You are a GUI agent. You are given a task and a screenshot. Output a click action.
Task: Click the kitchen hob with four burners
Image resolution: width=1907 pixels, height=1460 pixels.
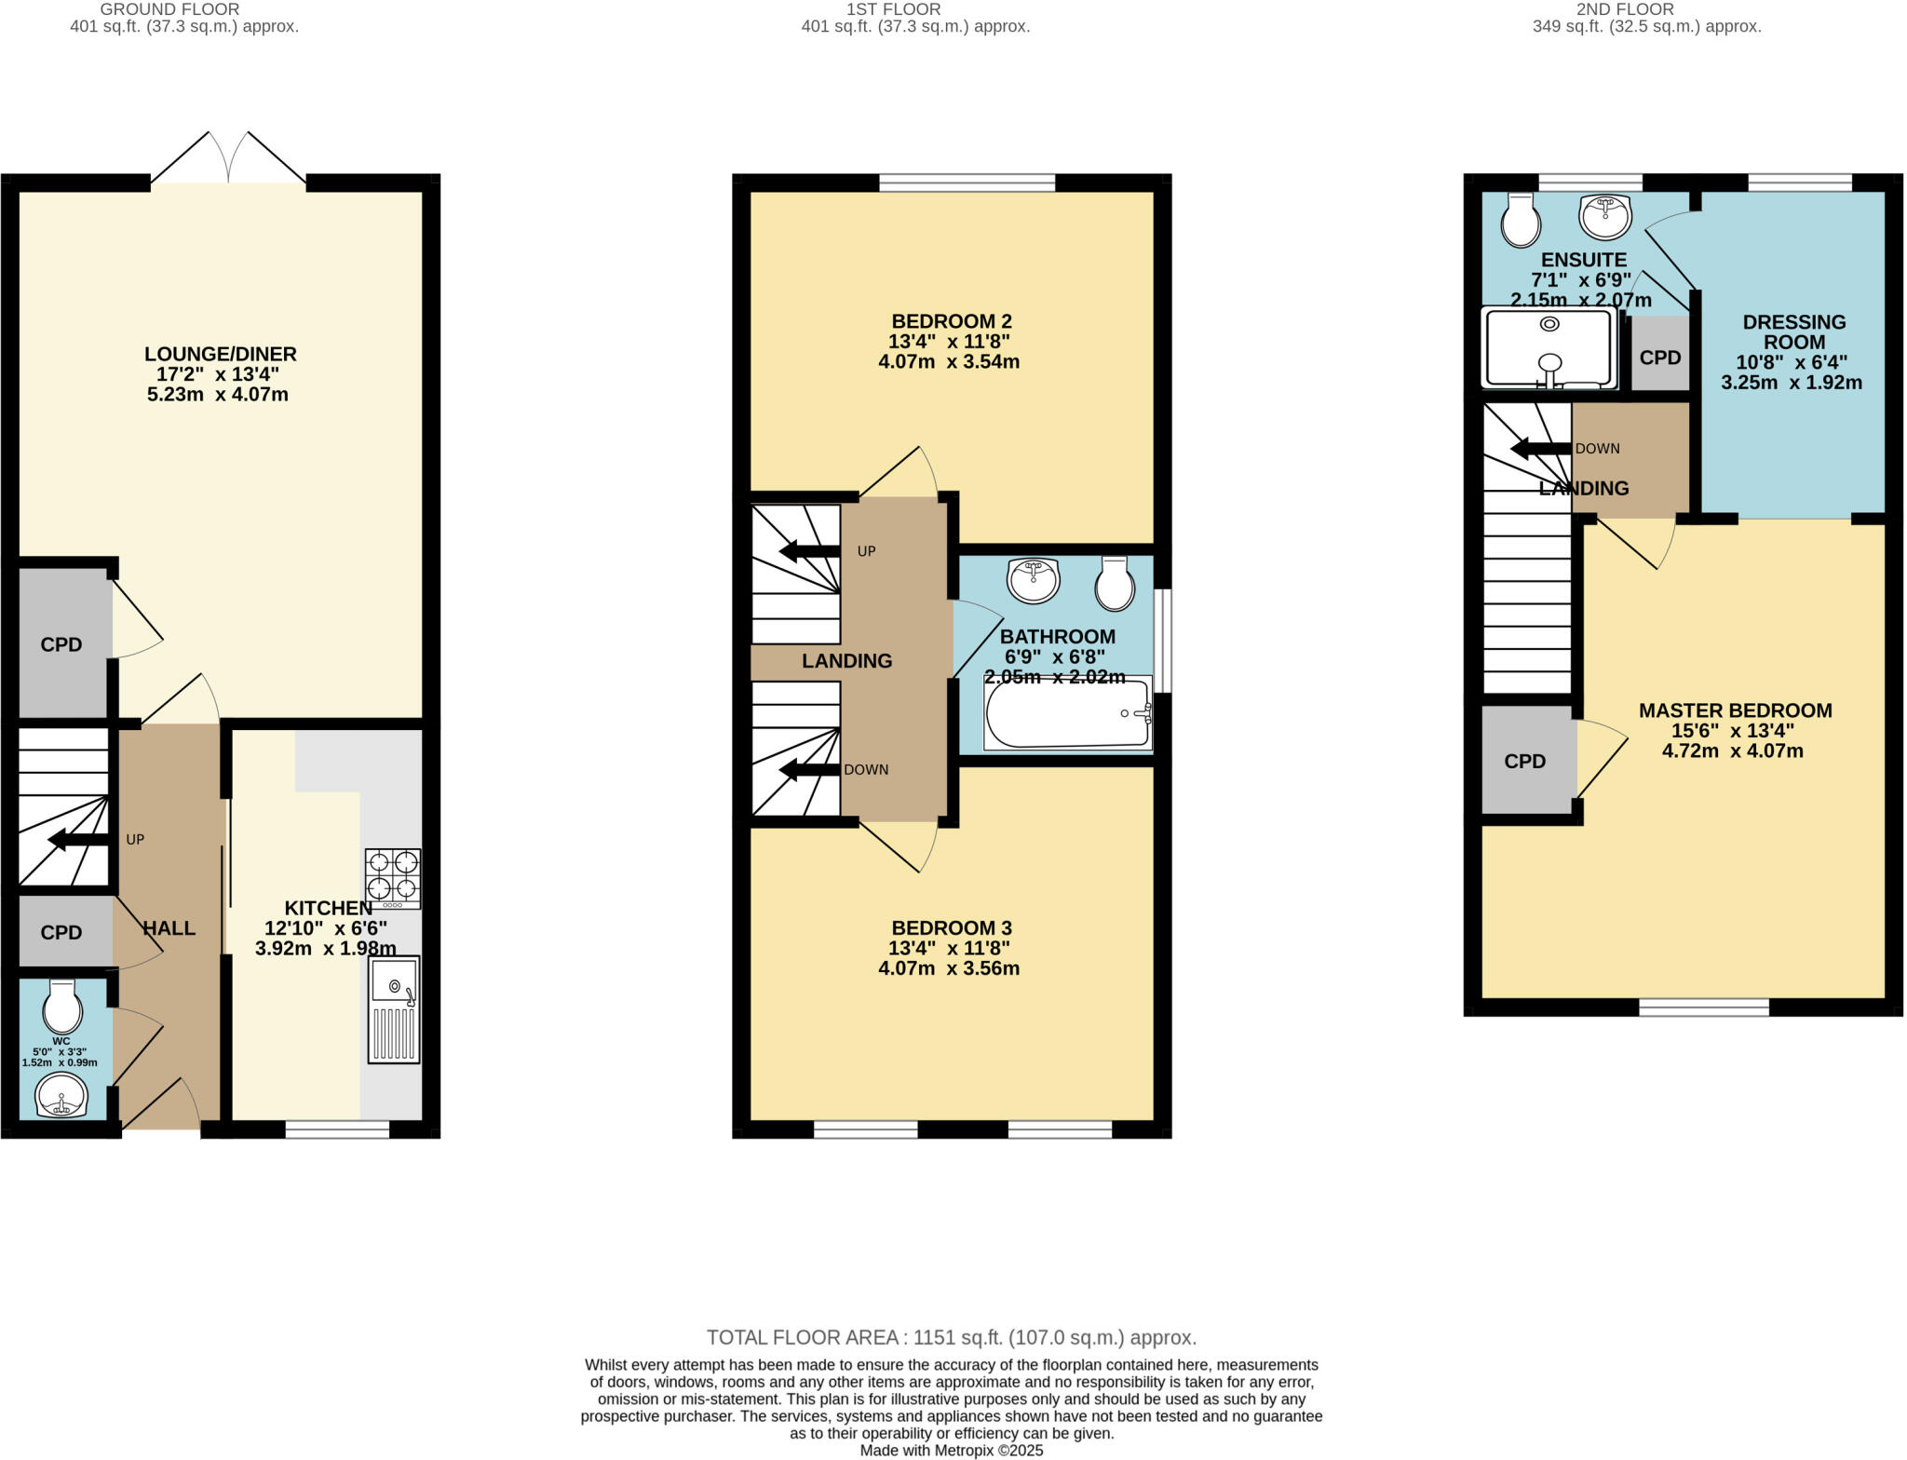point(392,878)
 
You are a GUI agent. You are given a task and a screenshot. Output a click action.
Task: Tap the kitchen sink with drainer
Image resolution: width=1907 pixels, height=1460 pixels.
point(394,1009)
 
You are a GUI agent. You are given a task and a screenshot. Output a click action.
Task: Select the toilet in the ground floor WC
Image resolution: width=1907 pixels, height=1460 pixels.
point(62,1004)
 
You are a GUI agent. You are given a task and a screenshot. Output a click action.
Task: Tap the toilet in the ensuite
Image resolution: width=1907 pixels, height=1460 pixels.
point(1521,222)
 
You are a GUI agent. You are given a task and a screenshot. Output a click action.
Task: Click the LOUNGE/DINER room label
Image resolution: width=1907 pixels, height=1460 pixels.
point(221,354)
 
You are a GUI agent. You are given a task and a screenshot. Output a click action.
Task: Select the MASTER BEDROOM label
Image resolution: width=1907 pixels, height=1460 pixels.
point(1735,710)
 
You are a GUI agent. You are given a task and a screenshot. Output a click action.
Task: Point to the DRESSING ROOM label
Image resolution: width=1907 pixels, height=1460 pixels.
point(1793,331)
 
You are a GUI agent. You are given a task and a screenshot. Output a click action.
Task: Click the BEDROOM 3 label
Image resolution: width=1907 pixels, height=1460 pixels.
point(951,927)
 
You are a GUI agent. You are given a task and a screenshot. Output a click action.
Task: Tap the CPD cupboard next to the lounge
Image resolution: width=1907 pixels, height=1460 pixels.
point(61,644)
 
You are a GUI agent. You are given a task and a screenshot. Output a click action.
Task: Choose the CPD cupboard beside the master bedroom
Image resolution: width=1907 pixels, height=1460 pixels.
point(1524,761)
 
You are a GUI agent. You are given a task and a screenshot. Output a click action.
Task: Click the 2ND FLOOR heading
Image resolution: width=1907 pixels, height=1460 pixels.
point(1646,9)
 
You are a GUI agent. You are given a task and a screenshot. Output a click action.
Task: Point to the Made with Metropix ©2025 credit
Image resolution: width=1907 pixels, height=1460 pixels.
point(951,1450)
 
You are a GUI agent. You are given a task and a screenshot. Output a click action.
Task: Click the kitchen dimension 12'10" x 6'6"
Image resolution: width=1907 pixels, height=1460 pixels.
point(325,927)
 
